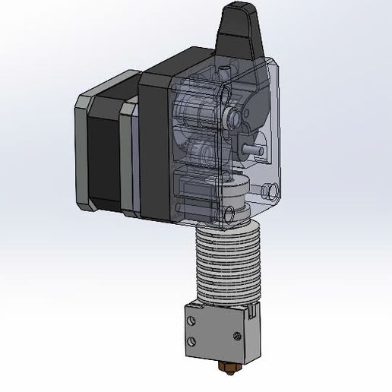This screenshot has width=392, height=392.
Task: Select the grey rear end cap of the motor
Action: pos(82,152)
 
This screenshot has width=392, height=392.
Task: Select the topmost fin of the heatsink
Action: pos(226,232)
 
